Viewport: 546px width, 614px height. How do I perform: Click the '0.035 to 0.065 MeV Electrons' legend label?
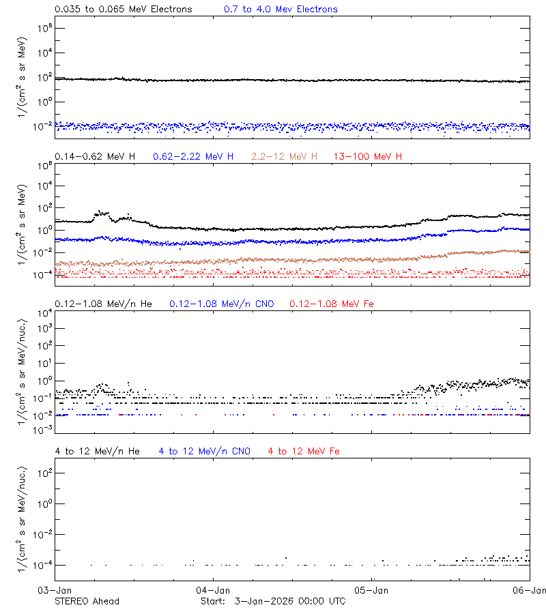click(123, 10)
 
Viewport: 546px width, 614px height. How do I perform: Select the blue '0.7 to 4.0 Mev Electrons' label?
click(281, 10)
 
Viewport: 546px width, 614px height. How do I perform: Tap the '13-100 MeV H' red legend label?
click(368, 157)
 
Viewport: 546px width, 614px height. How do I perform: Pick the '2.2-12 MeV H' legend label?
click(285, 157)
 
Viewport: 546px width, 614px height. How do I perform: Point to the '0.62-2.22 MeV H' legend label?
click(193, 157)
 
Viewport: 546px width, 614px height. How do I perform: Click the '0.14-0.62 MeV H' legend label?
click(95, 157)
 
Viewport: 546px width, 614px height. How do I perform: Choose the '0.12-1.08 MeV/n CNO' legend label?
click(222, 304)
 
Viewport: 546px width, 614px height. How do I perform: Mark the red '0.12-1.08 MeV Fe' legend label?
click(332, 304)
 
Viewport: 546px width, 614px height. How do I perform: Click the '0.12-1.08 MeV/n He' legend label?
click(106, 304)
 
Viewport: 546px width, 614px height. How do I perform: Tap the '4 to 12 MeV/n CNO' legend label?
click(205, 451)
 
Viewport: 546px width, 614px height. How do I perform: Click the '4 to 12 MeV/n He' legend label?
click(97, 451)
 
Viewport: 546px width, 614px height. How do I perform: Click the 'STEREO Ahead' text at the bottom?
click(87, 601)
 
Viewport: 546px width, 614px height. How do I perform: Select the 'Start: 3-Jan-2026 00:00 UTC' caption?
click(273, 601)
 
